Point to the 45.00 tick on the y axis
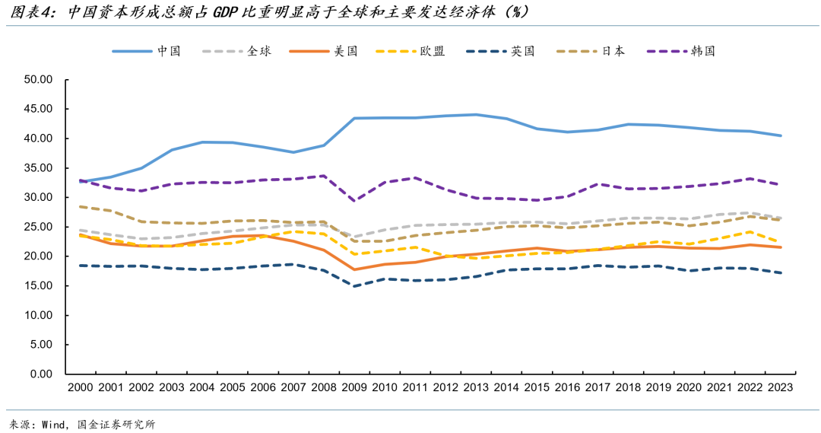click(37, 109)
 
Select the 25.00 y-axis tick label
click(37, 227)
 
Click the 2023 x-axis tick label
click(780, 387)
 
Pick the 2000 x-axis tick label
click(80, 387)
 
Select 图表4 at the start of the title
click(30, 13)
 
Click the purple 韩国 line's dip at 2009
click(354, 201)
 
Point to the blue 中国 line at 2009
click(354, 118)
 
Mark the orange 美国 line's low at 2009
click(354, 269)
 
